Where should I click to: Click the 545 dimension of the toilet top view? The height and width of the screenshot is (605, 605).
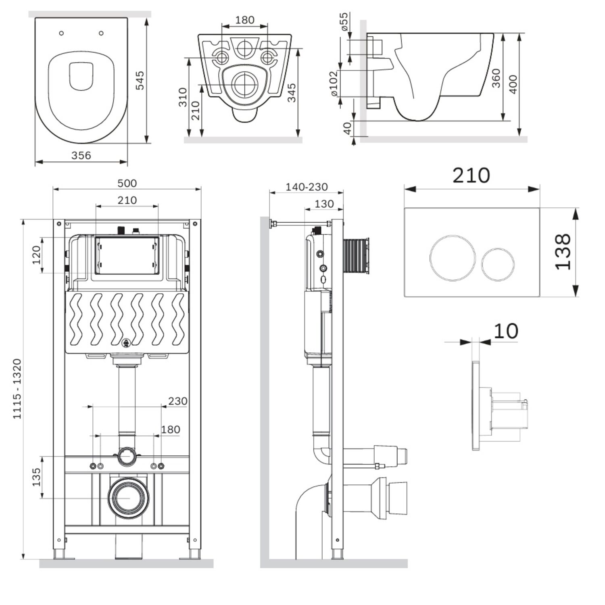click(139, 81)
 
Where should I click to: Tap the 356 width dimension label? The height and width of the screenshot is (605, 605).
click(81, 155)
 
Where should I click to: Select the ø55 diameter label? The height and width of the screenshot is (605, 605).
click(344, 22)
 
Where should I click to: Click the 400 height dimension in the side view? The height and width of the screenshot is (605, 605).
click(513, 84)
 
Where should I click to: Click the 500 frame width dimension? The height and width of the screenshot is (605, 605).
click(127, 183)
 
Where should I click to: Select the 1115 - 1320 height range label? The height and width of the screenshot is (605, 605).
click(17, 389)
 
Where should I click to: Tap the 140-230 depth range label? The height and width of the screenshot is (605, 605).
click(307, 187)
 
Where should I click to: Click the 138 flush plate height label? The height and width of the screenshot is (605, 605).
click(563, 252)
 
